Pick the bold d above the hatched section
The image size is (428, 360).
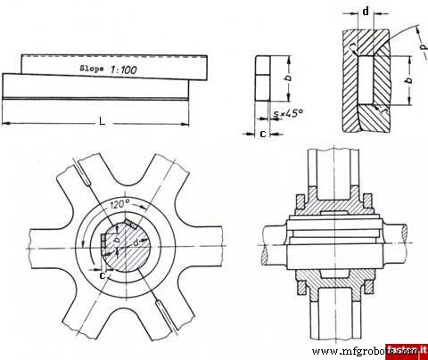tap(366, 12)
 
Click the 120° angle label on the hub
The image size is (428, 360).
tap(121, 205)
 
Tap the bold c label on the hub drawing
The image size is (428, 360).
tap(103, 275)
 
